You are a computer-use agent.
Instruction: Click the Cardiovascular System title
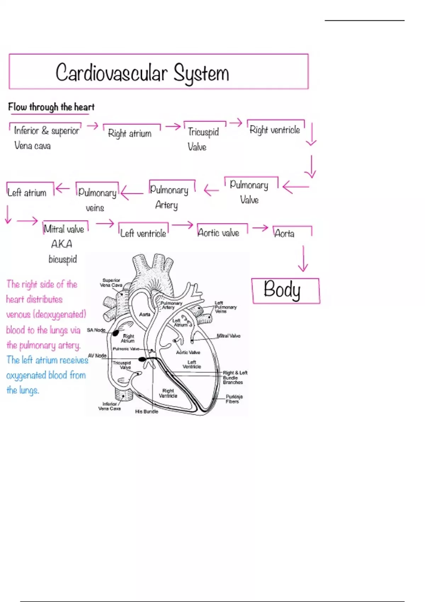pyautogui.click(x=142, y=73)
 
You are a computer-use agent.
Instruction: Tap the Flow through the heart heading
pyautogui.click(x=51, y=107)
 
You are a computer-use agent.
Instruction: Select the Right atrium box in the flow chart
pyautogui.click(x=130, y=133)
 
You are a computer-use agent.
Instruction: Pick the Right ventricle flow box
pyautogui.click(x=275, y=130)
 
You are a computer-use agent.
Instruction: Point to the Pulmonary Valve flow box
pyautogui.click(x=249, y=192)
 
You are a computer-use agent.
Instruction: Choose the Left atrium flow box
pyautogui.click(x=27, y=192)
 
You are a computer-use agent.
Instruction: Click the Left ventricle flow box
pyautogui.click(x=143, y=233)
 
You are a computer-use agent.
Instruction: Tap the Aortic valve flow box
pyautogui.click(x=219, y=233)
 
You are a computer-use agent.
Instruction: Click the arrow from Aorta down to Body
pyautogui.click(x=303, y=259)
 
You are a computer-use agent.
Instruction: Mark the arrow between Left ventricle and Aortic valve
pyautogui.click(x=182, y=225)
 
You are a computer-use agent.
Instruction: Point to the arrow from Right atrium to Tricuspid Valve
pyautogui.click(x=173, y=126)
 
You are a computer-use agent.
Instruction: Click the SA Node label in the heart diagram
pyautogui.click(x=96, y=330)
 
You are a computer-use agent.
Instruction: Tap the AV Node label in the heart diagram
pyautogui.click(x=97, y=356)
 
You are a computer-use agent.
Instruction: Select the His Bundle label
pyautogui.click(x=147, y=411)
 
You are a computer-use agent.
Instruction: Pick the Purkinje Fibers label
pyautogui.click(x=234, y=399)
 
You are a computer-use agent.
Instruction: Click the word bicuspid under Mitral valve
pyautogui.click(x=63, y=259)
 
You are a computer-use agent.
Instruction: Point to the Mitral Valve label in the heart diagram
pyautogui.click(x=228, y=336)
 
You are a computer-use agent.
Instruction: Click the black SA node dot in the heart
pyautogui.click(x=115, y=333)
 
